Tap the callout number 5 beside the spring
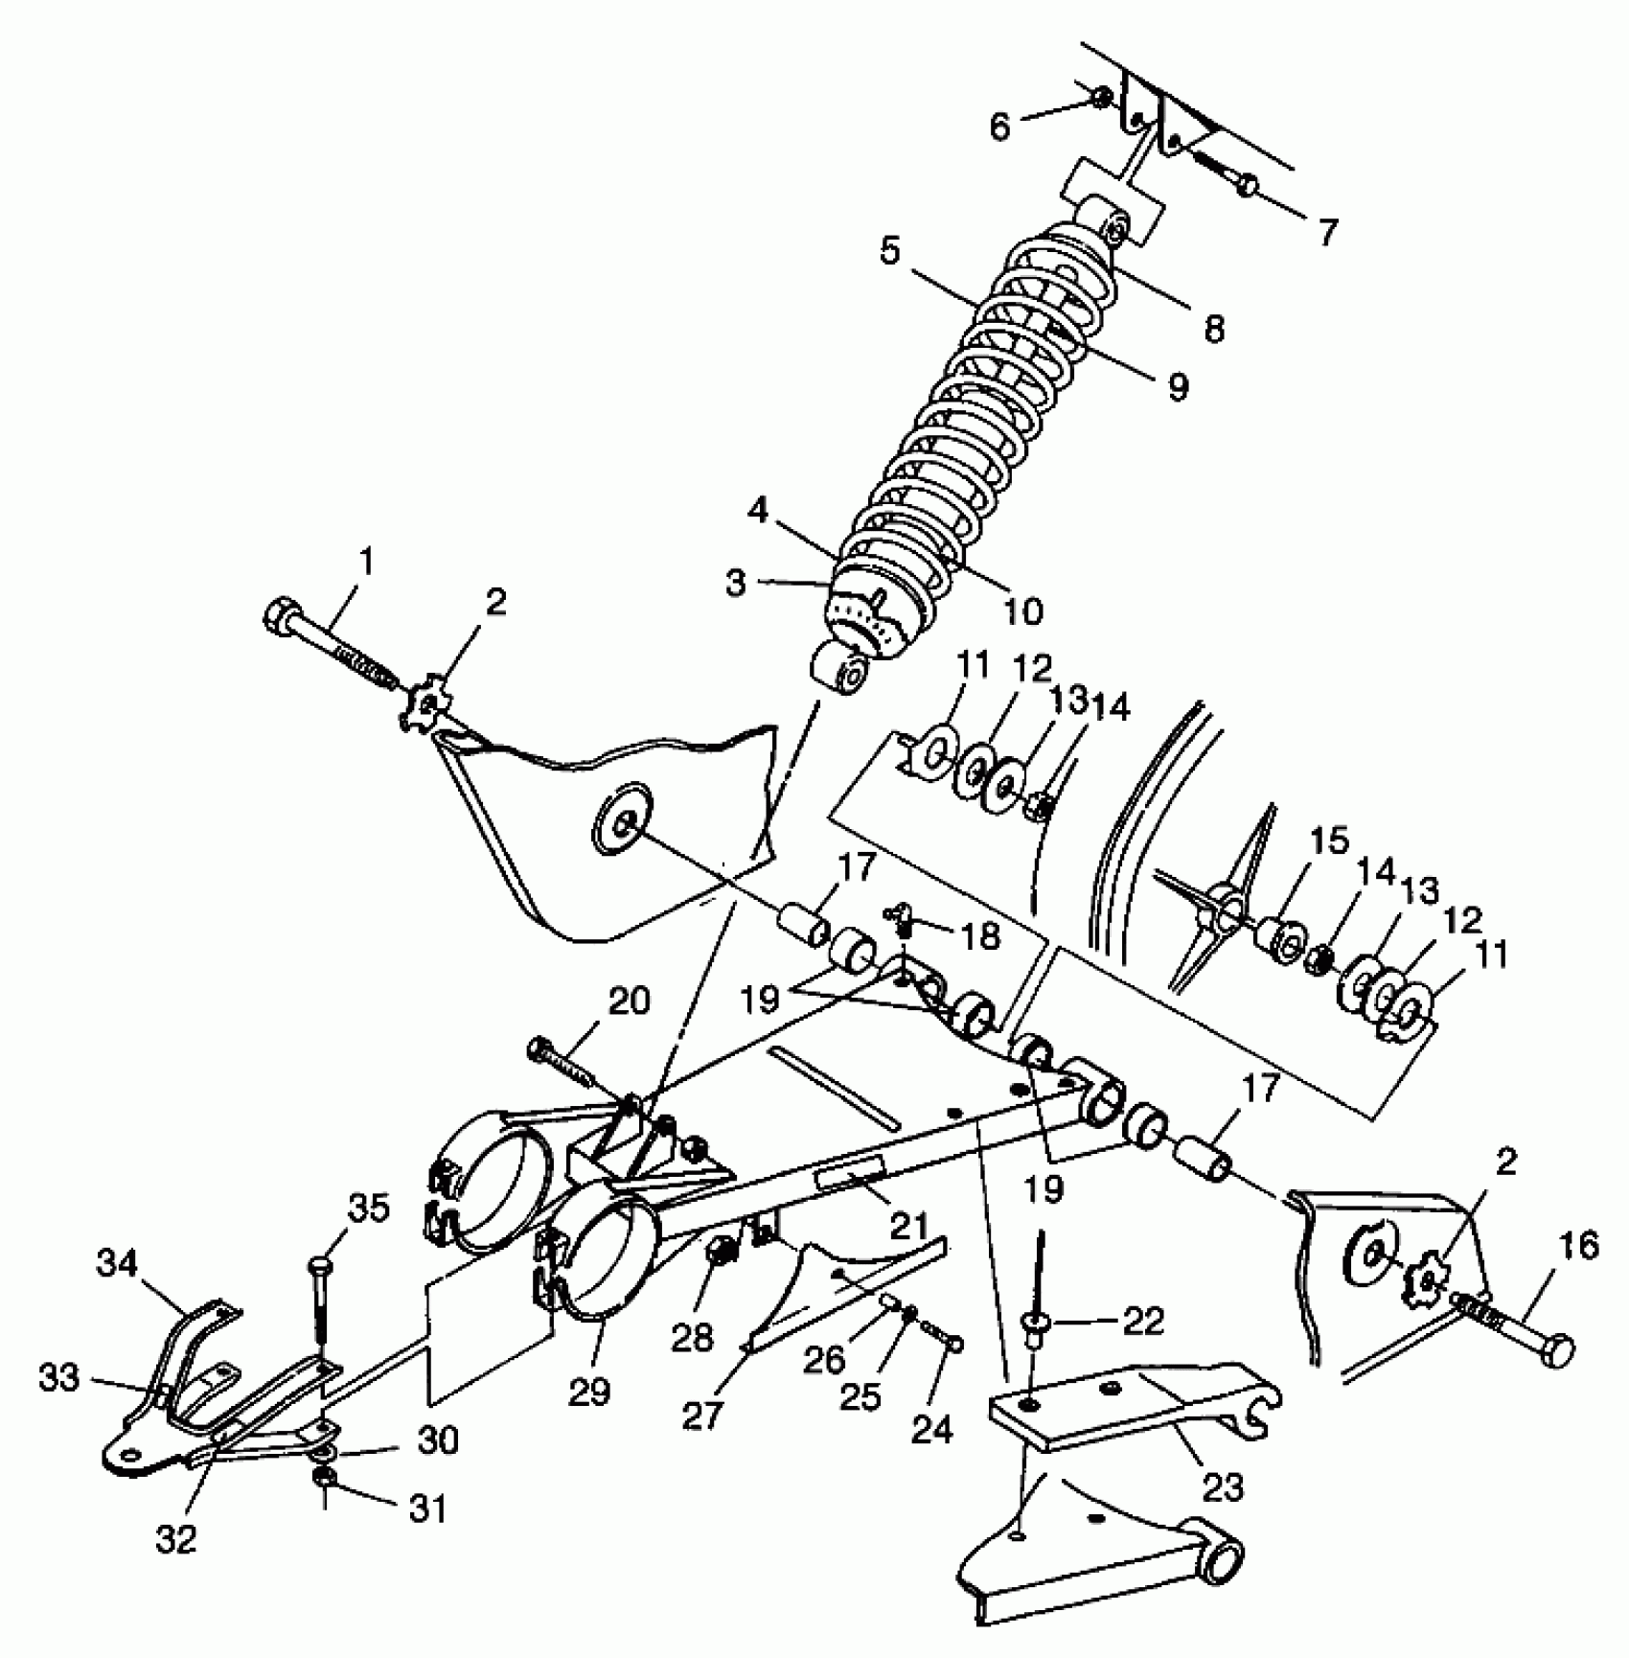pos(890,252)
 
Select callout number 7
pos(1326,233)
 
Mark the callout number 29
pos(588,1392)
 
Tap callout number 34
pos(117,1266)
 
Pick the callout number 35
pos(369,1209)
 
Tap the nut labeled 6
pos(1103,96)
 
